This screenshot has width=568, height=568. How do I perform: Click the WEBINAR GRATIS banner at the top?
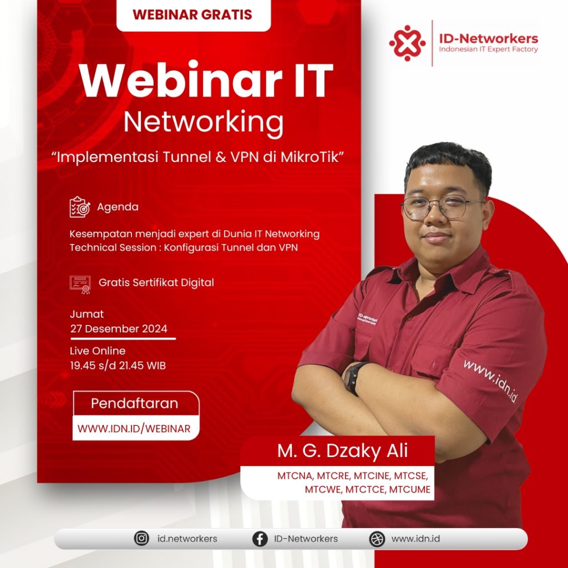194,15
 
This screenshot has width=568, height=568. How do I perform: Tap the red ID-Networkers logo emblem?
407,43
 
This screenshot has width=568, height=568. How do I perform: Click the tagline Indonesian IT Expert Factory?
488,49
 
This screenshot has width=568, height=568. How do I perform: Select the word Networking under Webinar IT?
203,123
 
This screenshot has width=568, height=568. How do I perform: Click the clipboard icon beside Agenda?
80,207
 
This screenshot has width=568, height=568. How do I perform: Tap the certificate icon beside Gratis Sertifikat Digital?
80,285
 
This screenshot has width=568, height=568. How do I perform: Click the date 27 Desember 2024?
119,329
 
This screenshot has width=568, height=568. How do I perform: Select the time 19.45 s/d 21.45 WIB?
118,366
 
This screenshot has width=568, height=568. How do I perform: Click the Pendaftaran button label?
134,404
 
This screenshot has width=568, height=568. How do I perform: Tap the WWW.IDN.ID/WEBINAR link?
134,429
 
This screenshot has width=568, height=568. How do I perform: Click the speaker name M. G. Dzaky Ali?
343,451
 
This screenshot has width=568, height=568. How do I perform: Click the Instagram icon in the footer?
141,538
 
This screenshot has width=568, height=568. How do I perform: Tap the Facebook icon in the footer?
260,539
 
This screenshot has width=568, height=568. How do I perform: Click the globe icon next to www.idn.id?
377,539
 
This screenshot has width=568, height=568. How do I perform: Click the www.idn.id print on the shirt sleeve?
490,381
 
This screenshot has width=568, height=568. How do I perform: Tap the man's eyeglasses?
443,207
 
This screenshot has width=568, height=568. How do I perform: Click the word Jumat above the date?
87,315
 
